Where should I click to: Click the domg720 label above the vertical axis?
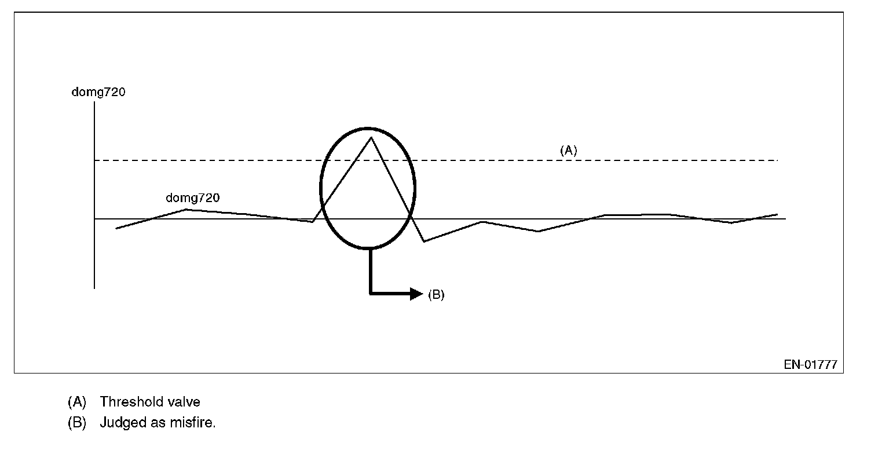click(x=98, y=91)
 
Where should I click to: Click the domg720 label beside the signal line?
click(x=192, y=198)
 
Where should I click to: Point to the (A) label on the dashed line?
click(x=568, y=150)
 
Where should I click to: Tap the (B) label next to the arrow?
click(x=436, y=294)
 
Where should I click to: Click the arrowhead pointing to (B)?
click(x=417, y=294)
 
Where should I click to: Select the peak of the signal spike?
click(x=370, y=137)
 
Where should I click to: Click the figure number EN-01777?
click(x=810, y=365)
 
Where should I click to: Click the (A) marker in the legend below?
click(x=76, y=401)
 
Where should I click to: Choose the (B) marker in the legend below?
click(x=76, y=422)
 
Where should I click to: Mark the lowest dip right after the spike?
click(x=424, y=241)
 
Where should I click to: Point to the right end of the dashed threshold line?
click(x=777, y=160)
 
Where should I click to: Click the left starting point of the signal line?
click(x=116, y=229)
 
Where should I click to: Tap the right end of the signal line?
click(x=777, y=214)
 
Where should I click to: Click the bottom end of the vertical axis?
click(x=94, y=287)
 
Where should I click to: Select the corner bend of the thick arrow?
click(x=371, y=294)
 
